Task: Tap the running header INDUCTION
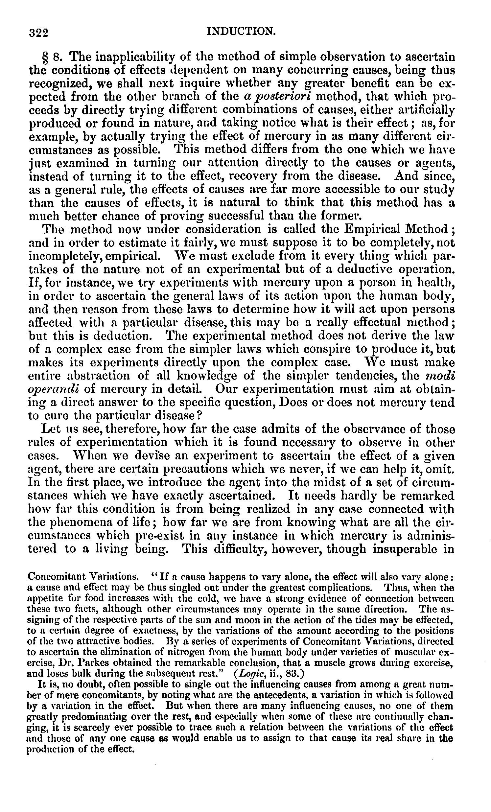(240, 32)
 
